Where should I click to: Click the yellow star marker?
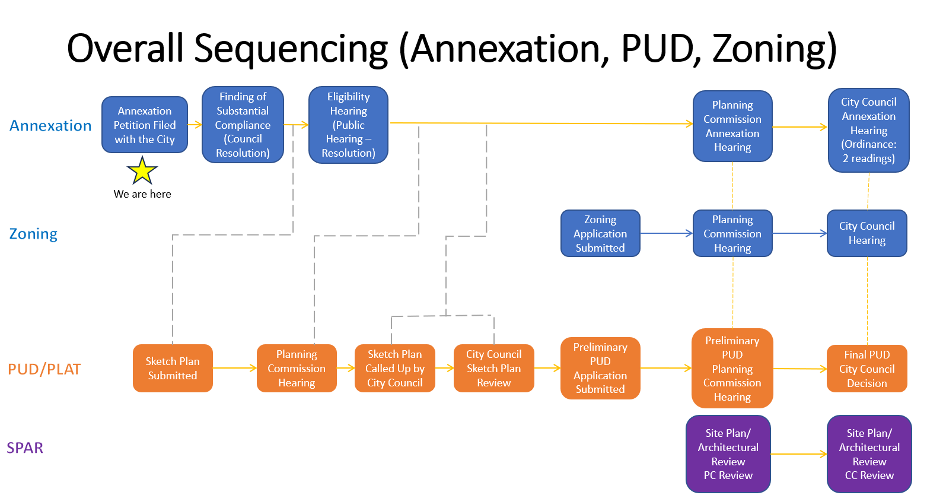[x=142, y=171]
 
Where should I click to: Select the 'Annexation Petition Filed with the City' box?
[x=145, y=125]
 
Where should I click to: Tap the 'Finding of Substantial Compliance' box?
[x=243, y=125]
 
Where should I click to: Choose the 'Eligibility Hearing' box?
[x=349, y=125]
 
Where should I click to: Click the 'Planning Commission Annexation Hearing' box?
[x=732, y=126]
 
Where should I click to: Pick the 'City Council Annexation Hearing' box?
[x=869, y=130]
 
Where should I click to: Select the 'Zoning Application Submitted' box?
[x=600, y=233]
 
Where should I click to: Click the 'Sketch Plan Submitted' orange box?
[x=173, y=368]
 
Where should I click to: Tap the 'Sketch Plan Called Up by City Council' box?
[x=395, y=368]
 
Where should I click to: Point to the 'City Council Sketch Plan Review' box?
[x=493, y=368]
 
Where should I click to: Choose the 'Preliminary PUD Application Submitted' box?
[x=600, y=368]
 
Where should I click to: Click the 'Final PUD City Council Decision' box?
[x=867, y=369]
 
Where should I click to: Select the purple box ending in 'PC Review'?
[x=728, y=454]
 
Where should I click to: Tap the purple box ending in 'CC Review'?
[x=869, y=454]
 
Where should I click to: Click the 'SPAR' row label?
[x=25, y=448]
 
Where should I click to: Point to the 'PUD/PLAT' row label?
[x=44, y=369]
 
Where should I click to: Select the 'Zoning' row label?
[x=33, y=234]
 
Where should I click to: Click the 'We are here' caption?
[x=142, y=194]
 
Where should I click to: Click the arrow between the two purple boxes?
[x=799, y=454]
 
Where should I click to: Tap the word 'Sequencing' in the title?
[x=291, y=49]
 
